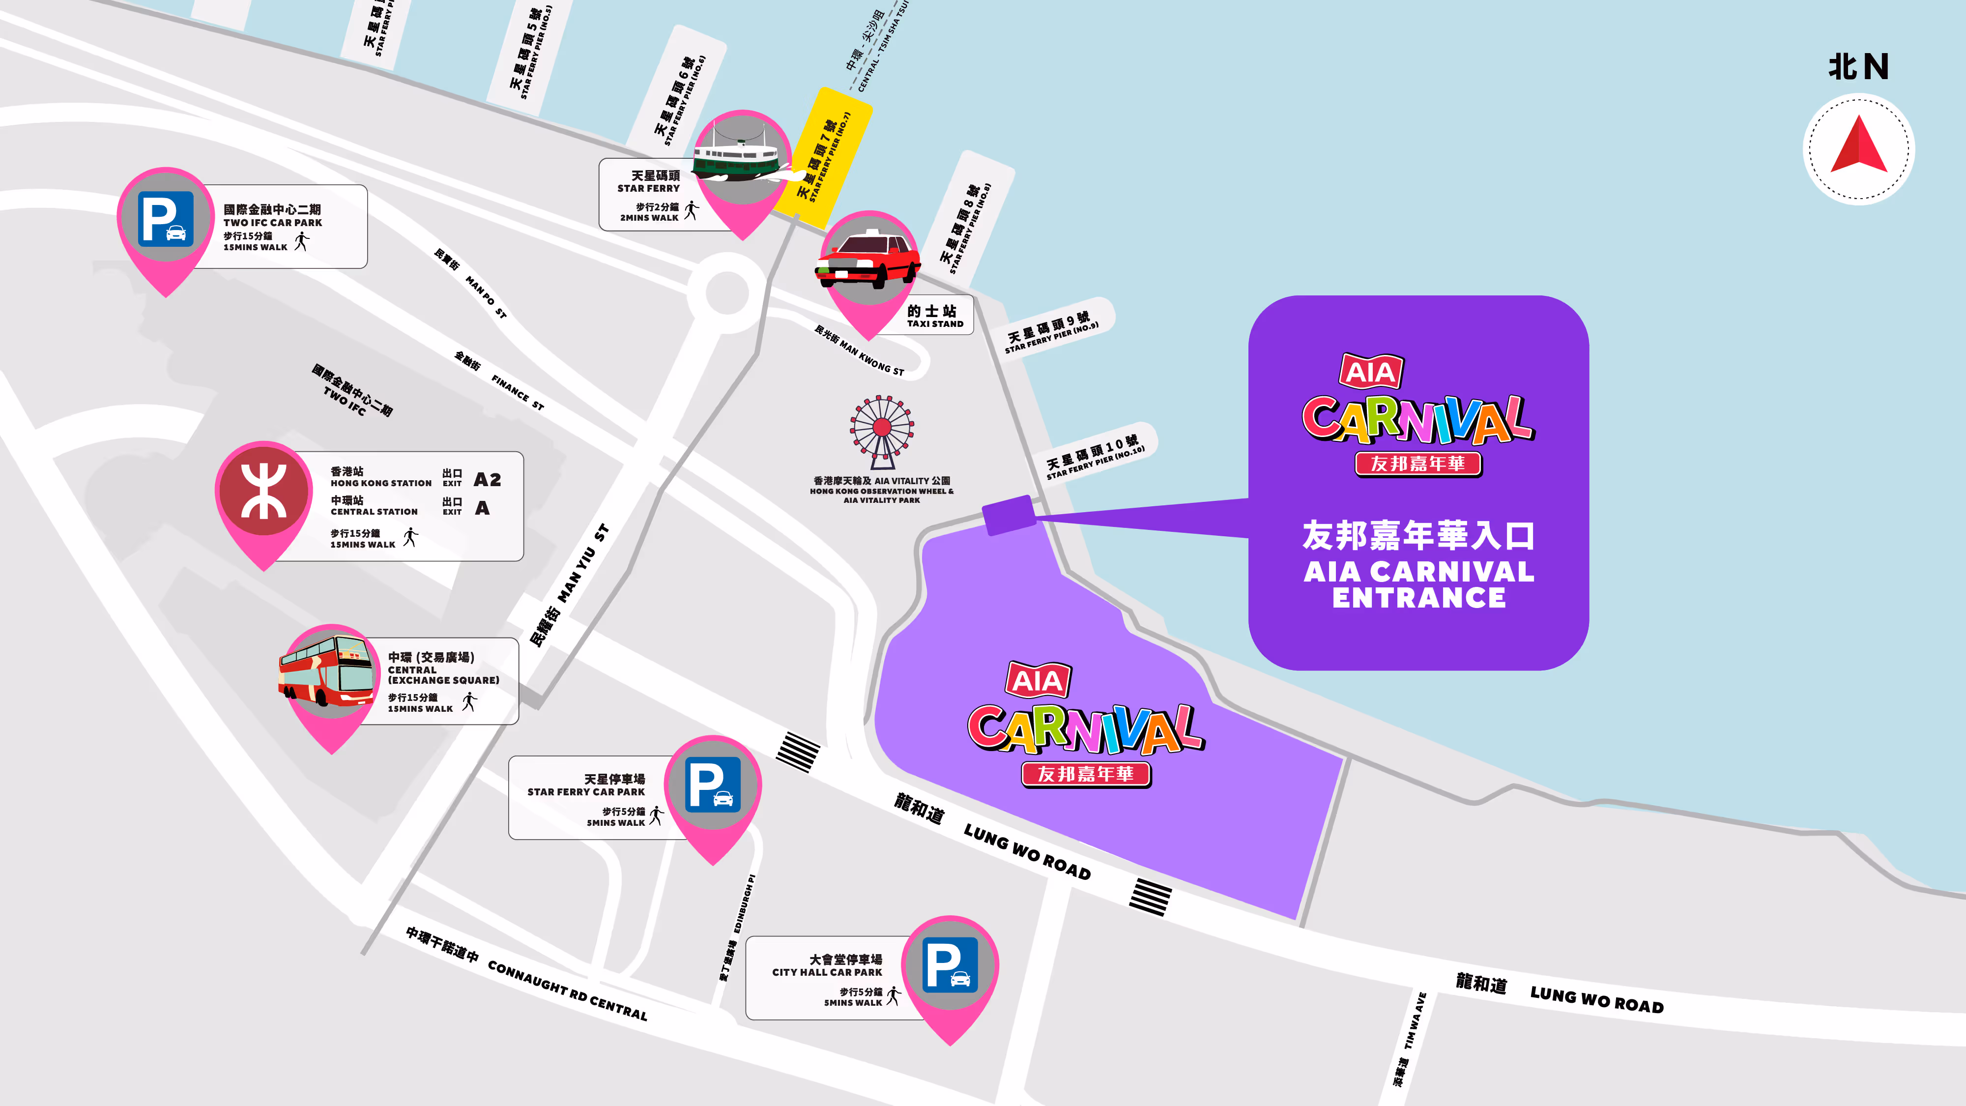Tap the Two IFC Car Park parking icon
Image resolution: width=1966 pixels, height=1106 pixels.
(x=166, y=219)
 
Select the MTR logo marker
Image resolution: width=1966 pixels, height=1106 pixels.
(x=263, y=490)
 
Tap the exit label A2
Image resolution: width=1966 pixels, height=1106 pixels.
(x=487, y=479)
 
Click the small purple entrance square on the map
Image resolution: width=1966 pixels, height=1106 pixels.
(x=1008, y=515)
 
